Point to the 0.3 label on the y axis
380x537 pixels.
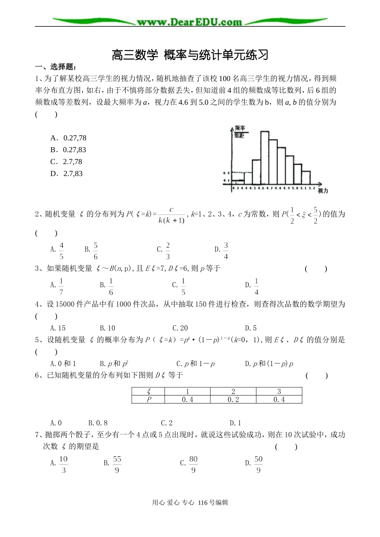[226, 173]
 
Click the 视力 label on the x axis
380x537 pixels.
[323, 191]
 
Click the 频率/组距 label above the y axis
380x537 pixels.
[240, 131]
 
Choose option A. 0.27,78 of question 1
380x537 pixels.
[68, 138]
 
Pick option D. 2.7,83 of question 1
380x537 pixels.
[66, 174]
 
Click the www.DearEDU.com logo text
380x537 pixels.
[189, 22]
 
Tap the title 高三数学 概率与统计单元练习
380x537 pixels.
[190, 55]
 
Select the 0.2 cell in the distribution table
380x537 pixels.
[233, 399]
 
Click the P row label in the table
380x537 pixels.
[148, 399]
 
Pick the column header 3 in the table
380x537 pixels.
[279, 391]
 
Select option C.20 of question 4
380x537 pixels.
[180, 328]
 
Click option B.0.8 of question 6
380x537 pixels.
[98, 423]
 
